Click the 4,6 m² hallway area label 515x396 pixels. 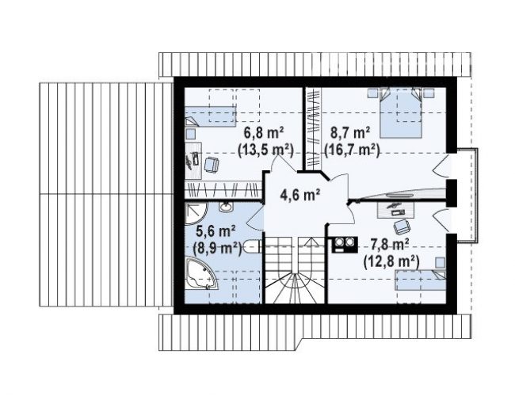tap(300, 195)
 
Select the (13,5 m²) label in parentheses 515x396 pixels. tap(265, 150)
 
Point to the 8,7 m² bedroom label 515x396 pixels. tap(350, 133)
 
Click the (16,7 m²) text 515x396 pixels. tap(352, 150)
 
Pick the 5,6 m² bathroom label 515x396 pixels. tap(216, 231)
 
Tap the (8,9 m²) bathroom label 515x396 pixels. tap(217, 248)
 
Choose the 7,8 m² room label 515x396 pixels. tap(390, 244)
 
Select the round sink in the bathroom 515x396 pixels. tap(227, 207)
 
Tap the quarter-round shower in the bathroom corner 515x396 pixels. tap(195, 213)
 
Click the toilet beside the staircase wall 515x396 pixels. tap(252, 247)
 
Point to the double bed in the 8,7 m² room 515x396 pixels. tap(401, 112)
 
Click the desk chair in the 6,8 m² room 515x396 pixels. tap(212, 164)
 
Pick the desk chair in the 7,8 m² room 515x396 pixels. tap(402, 227)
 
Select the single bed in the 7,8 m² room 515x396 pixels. tap(421, 280)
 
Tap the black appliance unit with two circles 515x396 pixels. tap(345, 245)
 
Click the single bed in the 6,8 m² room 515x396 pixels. tap(210, 116)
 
